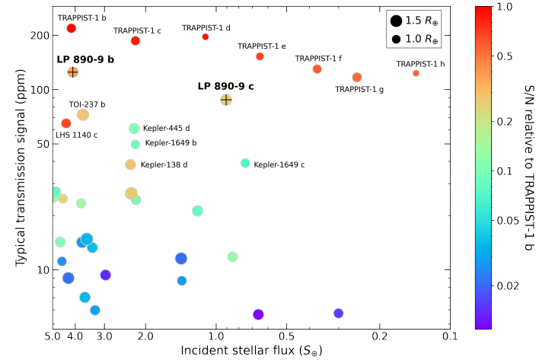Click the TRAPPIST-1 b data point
tap(71, 28)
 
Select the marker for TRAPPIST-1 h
tap(416, 73)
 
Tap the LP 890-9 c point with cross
tap(226, 100)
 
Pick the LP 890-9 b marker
tap(73, 72)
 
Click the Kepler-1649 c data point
tap(245, 163)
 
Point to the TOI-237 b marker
tap(83, 115)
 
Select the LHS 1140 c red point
tap(66, 123)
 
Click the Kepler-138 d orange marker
tap(130, 164)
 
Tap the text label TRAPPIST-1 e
tap(261, 46)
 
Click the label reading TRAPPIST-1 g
tap(359, 90)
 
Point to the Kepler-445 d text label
tap(166, 129)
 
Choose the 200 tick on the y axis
tap(40, 35)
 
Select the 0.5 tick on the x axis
tap(286, 336)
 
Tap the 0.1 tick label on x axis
tap(451, 336)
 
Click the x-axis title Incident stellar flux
tap(251, 350)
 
